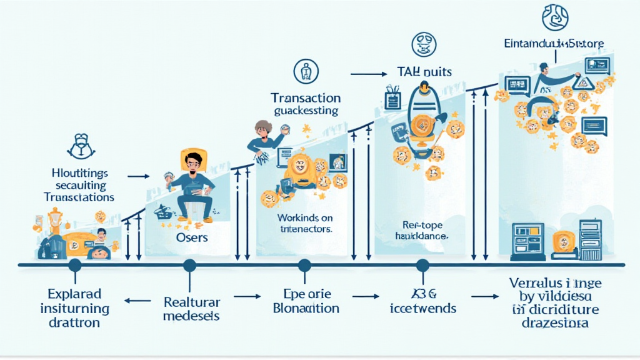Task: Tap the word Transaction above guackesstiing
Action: [x=306, y=99]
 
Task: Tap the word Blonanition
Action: [x=306, y=309]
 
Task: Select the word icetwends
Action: [x=423, y=308]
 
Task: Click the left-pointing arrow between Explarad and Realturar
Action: [x=132, y=300]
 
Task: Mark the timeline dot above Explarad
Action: [x=75, y=266]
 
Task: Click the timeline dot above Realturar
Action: [x=189, y=266]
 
